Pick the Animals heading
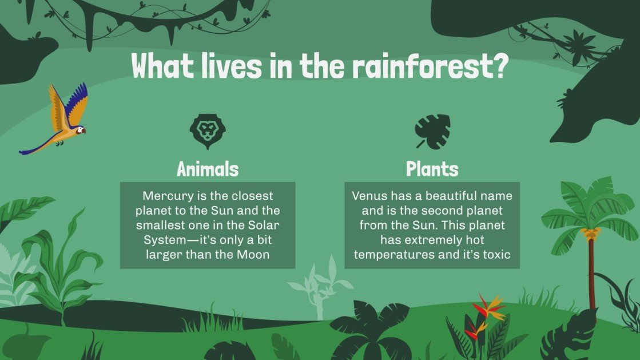click(x=207, y=169)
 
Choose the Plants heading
click(x=432, y=169)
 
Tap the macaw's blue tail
click(x=34, y=147)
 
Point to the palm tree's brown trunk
click(x=591, y=275)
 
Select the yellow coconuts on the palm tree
click(x=591, y=233)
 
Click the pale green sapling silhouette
click(x=318, y=289)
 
